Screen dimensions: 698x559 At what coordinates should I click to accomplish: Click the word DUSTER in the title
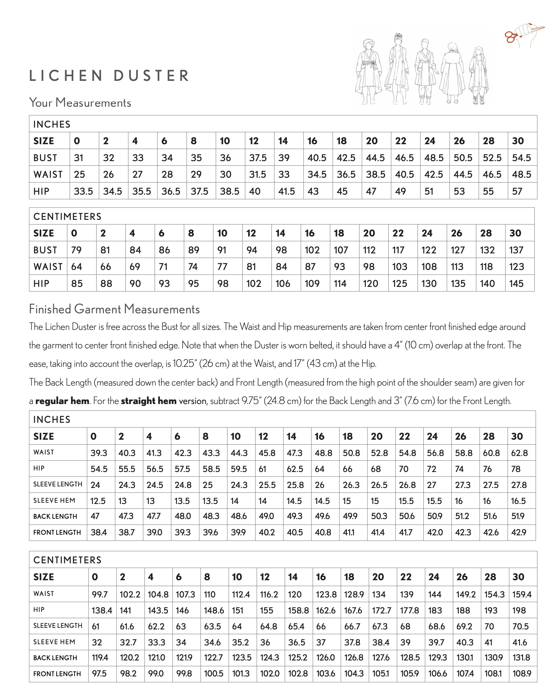point(151,76)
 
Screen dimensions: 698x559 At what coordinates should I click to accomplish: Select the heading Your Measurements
point(80,103)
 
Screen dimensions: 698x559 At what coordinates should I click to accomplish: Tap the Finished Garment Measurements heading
point(114,309)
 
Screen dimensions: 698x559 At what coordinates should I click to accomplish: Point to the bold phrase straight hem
point(149,401)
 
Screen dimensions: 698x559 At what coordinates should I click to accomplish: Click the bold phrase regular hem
point(62,401)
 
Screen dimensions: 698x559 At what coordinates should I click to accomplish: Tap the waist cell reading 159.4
point(522,594)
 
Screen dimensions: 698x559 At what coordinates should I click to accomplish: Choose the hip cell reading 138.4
point(102,610)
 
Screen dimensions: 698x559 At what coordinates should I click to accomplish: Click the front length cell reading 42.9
point(518,532)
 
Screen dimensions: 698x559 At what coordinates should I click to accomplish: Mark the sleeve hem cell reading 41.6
point(520,642)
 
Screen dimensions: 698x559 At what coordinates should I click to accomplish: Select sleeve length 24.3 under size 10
point(239,485)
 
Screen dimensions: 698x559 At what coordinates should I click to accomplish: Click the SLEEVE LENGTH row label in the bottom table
point(58,625)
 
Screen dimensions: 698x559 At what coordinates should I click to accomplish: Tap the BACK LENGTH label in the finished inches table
point(55,516)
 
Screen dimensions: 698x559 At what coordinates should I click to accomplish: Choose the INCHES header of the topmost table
point(52,124)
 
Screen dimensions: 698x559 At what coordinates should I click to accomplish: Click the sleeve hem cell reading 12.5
point(98,501)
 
